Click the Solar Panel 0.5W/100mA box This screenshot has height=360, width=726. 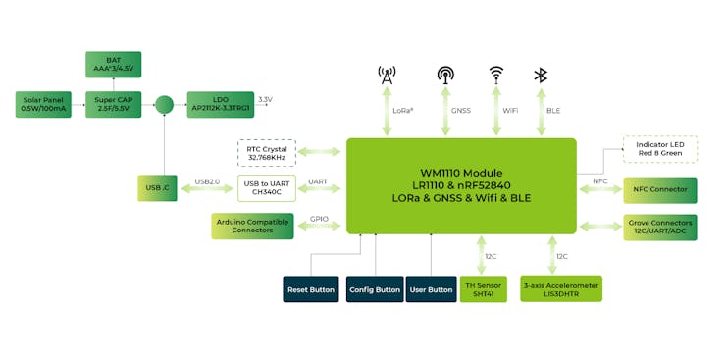point(43,104)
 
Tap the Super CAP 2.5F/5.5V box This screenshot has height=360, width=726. point(113,104)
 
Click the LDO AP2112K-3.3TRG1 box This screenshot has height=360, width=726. point(220,104)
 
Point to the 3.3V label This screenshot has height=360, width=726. point(265,100)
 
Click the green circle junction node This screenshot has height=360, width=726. point(164,104)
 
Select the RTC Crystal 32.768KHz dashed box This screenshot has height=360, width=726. point(266,152)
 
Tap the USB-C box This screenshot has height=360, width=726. point(157,187)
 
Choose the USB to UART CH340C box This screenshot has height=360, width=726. point(266,187)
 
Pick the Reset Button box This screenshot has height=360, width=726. point(310,289)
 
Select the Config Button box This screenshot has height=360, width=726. point(374,289)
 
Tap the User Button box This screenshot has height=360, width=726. point(430,289)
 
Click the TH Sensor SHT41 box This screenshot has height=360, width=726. point(483,289)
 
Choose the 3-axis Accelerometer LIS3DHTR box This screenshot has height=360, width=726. point(560,289)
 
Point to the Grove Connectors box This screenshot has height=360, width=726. point(660,228)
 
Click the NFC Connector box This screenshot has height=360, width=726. point(660,188)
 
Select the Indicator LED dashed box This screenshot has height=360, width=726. point(660,149)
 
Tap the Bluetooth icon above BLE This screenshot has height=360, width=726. point(540,75)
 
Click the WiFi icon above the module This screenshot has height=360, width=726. point(497,74)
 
